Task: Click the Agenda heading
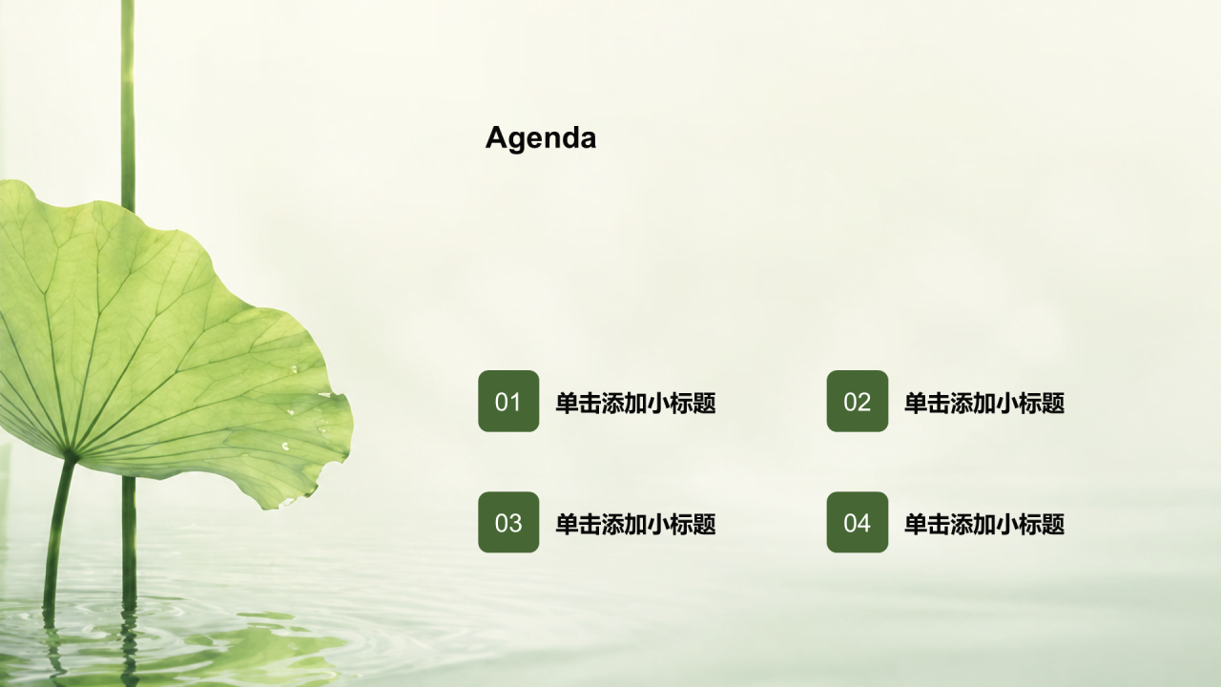pyautogui.click(x=541, y=138)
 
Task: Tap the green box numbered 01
pyautogui.click(x=508, y=402)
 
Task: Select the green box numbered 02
pyautogui.click(x=858, y=402)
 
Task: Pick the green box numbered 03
pyautogui.click(x=508, y=522)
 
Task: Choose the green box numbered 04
pyautogui.click(x=858, y=522)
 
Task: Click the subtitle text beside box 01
pyautogui.click(x=635, y=403)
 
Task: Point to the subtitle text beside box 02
pyautogui.click(x=984, y=403)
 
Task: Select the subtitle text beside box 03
pyautogui.click(x=635, y=524)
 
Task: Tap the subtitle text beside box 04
pyautogui.click(x=984, y=524)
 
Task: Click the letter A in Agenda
pyautogui.click(x=497, y=136)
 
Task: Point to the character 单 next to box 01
pyautogui.click(x=567, y=403)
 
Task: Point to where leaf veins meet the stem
pyautogui.click(x=70, y=452)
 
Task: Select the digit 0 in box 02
pyautogui.click(x=850, y=402)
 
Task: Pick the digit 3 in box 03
pyautogui.click(x=515, y=523)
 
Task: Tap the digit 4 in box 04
pyautogui.click(x=864, y=523)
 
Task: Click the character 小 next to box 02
pyautogui.click(x=1007, y=403)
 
